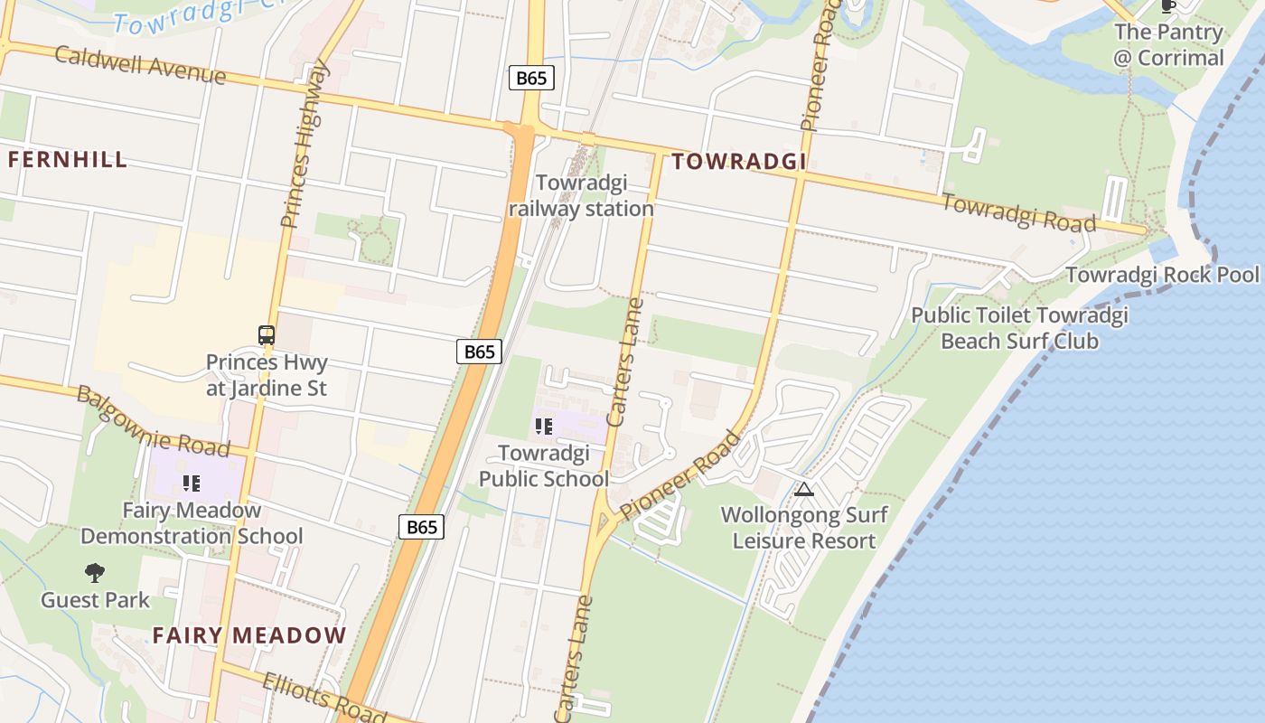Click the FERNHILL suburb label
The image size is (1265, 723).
click(x=68, y=160)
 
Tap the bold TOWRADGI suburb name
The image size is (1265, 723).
click(x=738, y=162)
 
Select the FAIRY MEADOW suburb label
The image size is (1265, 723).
click(x=249, y=635)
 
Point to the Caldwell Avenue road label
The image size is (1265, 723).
click(x=140, y=63)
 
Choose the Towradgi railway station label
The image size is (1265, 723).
click(x=581, y=196)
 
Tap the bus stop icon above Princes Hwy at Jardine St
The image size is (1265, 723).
click(x=267, y=335)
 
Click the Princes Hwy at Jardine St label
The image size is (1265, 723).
click(x=267, y=375)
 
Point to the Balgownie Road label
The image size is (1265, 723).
click(x=152, y=420)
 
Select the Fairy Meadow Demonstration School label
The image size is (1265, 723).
click(x=192, y=523)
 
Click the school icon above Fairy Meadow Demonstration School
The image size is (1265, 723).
click(x=191, y=484)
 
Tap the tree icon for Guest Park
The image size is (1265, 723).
click(x=95, y=572)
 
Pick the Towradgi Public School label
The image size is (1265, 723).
click(x=544, y=465)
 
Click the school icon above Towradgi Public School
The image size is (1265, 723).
click(x=544, y=426)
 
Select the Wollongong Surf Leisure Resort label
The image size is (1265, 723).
click(x=804, y=528)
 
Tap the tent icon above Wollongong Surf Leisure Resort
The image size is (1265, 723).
click(x=804, y=490)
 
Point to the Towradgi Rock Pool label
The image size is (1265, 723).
click(x=1162, y=275)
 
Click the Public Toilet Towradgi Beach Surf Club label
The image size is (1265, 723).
click(x=1019, y=328)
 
